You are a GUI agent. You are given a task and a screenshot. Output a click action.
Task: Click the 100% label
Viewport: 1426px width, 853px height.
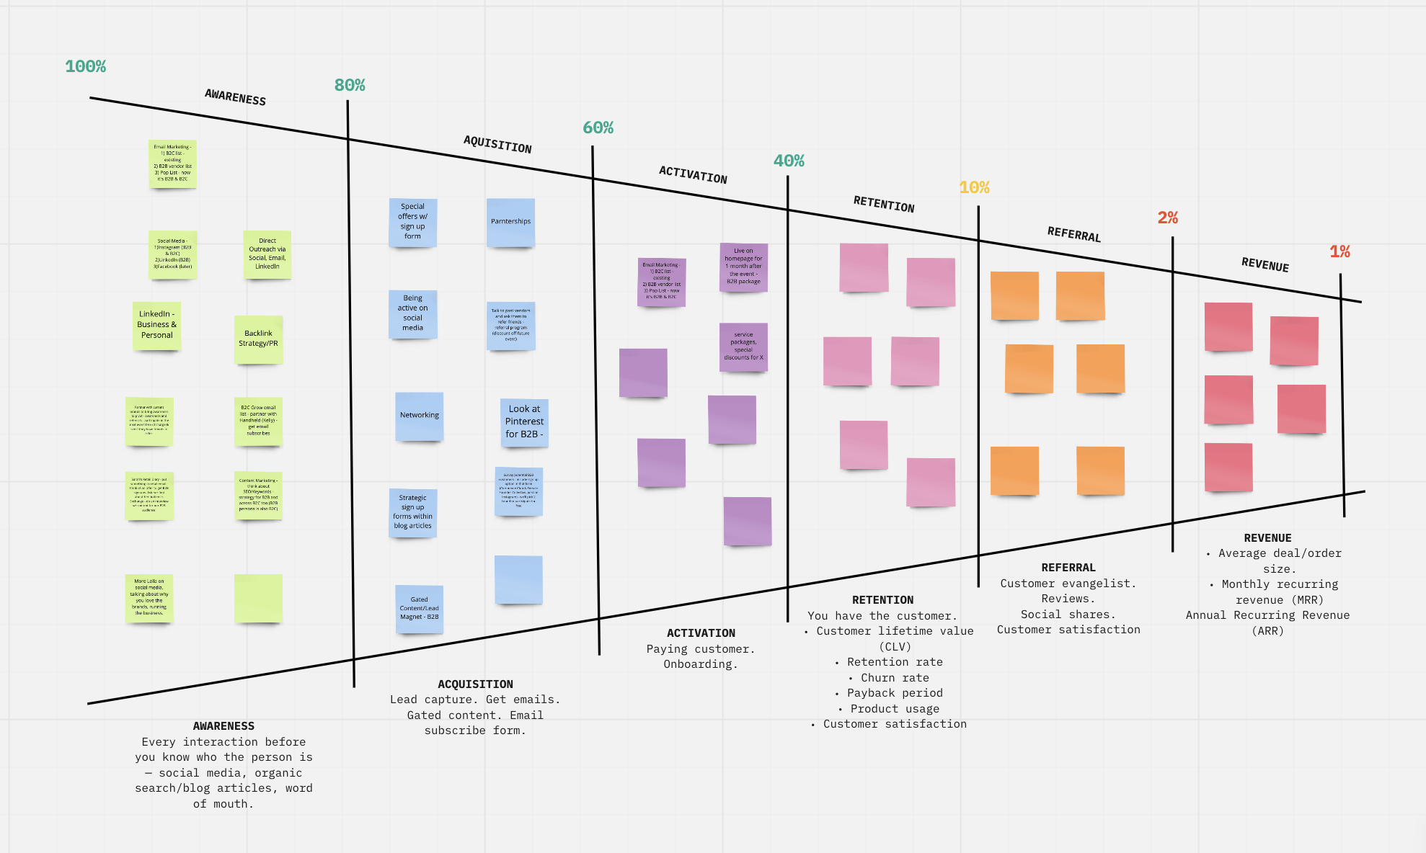(x=85, y=66)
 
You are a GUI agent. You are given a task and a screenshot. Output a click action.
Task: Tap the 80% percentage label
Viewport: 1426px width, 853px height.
(x=350, y=85)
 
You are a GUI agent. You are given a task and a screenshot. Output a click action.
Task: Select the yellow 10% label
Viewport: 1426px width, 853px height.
(x=974, y=187)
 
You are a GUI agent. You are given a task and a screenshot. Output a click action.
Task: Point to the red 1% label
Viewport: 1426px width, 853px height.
(x=1339, y=251)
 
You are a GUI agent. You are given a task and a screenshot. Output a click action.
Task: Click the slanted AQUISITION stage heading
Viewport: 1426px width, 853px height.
(x=497, y=144)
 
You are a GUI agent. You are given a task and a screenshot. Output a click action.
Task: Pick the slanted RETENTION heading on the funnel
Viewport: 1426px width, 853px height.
(x=884, y=205)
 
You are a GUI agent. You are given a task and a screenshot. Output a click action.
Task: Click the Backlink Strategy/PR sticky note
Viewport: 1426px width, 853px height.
(x=258, y=339)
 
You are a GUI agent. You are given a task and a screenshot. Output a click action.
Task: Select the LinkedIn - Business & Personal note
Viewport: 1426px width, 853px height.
(x=157, y=325)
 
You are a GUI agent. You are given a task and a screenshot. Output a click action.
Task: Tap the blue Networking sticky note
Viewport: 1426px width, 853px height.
(x=419, y=416)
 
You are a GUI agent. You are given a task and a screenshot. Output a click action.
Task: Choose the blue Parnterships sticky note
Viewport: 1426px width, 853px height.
(x=510, y=222)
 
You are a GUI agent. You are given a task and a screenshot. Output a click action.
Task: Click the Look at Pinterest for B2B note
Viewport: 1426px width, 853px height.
(x=524, y=422)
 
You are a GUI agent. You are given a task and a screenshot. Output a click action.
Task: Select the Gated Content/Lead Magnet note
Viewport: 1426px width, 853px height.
(x=419, y=609)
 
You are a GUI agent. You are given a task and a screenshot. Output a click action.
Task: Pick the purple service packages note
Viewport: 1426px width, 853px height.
(x=743, y=347)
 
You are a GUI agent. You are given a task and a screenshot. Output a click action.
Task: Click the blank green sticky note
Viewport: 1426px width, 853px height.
(x=258, y=598)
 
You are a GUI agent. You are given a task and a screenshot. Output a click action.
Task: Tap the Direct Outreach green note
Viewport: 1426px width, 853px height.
(x=267, y=254)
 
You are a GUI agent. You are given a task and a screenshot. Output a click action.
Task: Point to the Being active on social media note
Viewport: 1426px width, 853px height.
(x=412, y=313)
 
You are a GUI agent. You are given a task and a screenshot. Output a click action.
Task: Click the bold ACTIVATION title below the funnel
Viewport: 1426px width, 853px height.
(x=701, y=633)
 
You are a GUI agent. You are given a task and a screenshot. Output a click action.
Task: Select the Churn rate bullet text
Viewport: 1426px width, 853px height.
(x=895, y=678)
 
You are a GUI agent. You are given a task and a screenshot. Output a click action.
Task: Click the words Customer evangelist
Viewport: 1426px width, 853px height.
(x=1068, y=584)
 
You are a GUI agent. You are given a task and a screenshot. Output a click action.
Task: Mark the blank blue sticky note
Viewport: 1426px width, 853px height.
(x=518, y=579)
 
